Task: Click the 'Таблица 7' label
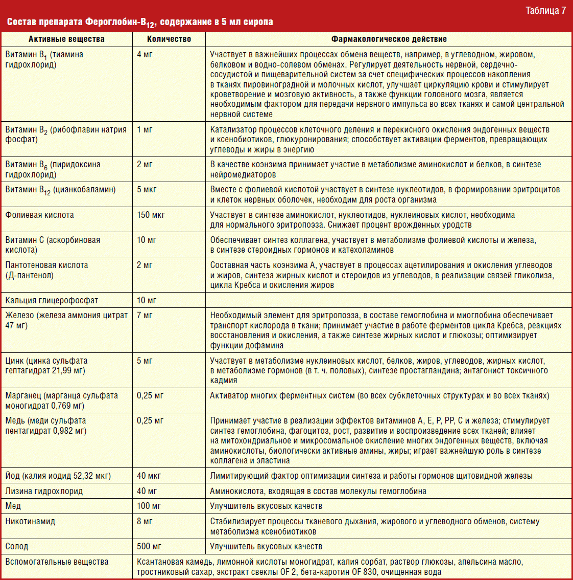(545, 10)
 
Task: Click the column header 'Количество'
(169, 39)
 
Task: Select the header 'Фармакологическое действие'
(389, 39)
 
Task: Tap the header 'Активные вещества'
(66, 39)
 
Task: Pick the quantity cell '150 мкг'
(151, 215)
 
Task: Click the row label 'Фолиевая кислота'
(40, 215)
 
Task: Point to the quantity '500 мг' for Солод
(149, 546)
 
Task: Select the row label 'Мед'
(13, 506)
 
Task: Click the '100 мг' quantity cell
(149, 506)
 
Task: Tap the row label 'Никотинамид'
(30, 521)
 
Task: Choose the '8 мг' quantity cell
(145, 521)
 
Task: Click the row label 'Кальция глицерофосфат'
(52, 300)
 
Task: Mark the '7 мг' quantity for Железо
(145, 315)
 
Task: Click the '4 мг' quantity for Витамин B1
(145, 54)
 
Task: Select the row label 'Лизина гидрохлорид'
(44, 491)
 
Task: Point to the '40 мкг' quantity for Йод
(149, 476)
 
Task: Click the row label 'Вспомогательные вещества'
(57, 562)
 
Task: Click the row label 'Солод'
(17, 546)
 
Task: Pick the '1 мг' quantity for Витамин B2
(145, 129)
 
